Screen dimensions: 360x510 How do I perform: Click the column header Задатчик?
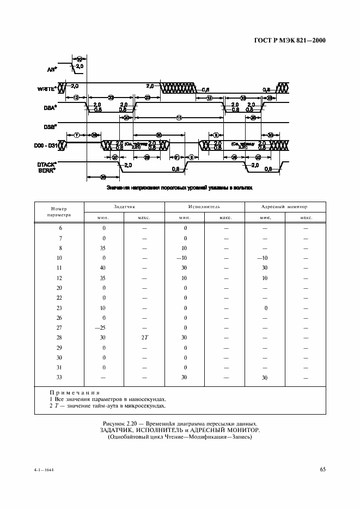(124, 207)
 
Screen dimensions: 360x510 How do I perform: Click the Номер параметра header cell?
(59, 212)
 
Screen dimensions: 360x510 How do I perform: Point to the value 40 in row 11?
(103, 268)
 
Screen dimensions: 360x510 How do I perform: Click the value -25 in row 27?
(103, 327)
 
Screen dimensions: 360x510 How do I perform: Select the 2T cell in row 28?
(144, 338)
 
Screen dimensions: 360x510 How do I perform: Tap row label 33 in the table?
(59, 378)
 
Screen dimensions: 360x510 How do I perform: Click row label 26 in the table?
(59, 318)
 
